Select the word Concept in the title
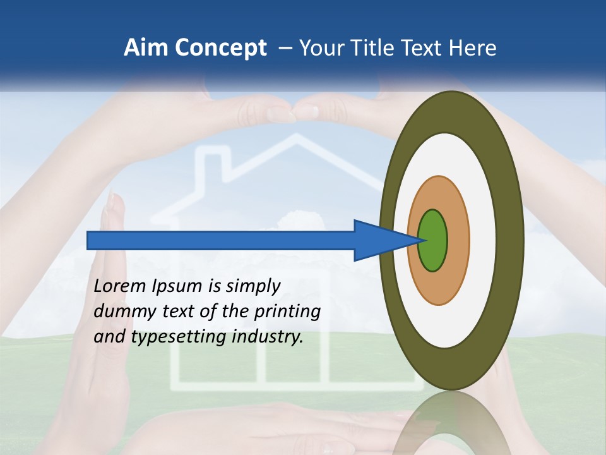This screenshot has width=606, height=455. (220, 48)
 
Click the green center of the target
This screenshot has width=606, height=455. (432, 240)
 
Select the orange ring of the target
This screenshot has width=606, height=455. (458, 240)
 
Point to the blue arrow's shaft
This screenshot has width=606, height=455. (221, 241)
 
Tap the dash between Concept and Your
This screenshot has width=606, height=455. (285, 48)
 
